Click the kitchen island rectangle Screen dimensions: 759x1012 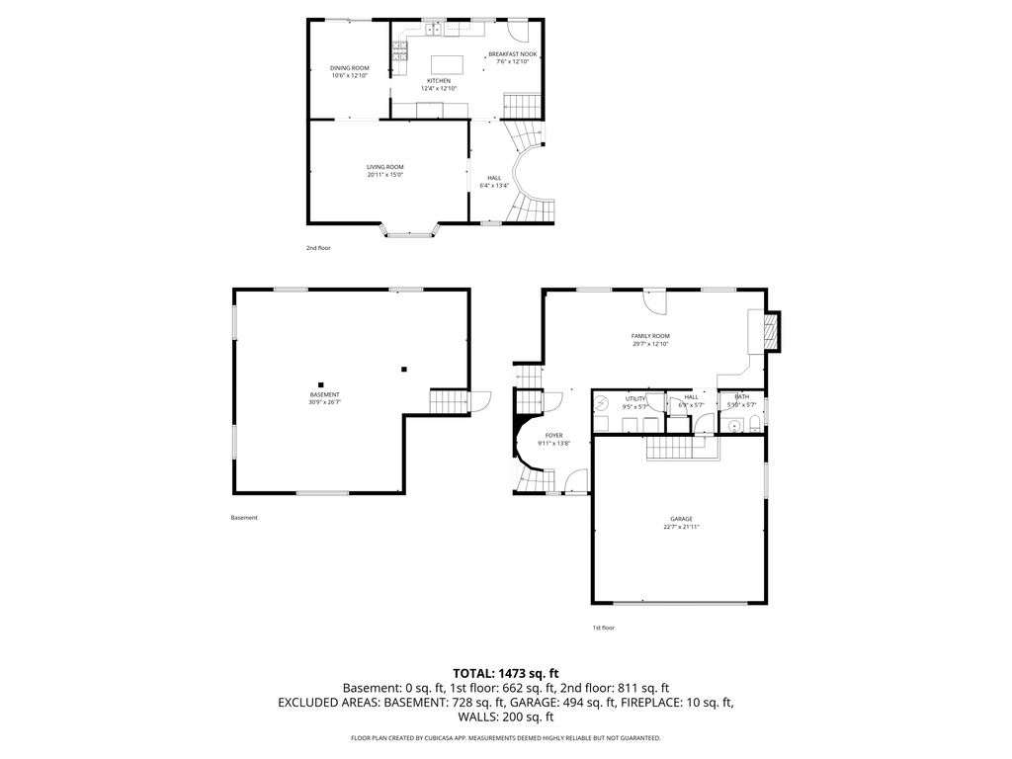coord(445,65)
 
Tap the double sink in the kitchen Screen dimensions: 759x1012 coord(434,28)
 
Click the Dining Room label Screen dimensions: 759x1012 coord(349,67)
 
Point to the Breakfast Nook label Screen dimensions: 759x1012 coord(512,54)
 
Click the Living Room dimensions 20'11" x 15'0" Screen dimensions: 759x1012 coord(384,175)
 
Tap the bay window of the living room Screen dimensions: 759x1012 coord(410,233)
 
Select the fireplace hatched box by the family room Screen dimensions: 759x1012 coord(773,331)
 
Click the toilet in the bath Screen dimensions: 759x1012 coord(754,425)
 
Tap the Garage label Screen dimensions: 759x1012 coord(681,519)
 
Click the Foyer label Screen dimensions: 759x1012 coord(553,436)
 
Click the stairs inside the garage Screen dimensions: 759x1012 coord(681,449)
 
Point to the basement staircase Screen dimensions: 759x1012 coord(449,402)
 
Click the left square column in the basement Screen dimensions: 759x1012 coord(320,384)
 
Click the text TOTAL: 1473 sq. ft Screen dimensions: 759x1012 coord(505,673)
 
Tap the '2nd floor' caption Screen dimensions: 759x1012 coord(318,248)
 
